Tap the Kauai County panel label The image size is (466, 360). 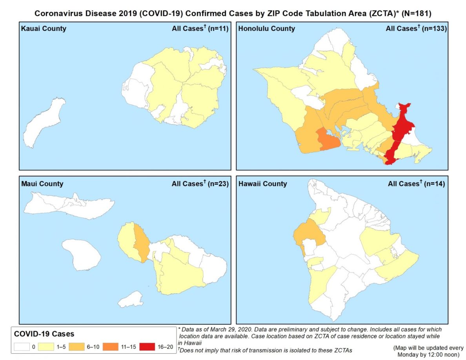point(44,29)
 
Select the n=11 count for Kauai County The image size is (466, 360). point(217,29)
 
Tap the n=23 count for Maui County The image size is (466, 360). point(217,184)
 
